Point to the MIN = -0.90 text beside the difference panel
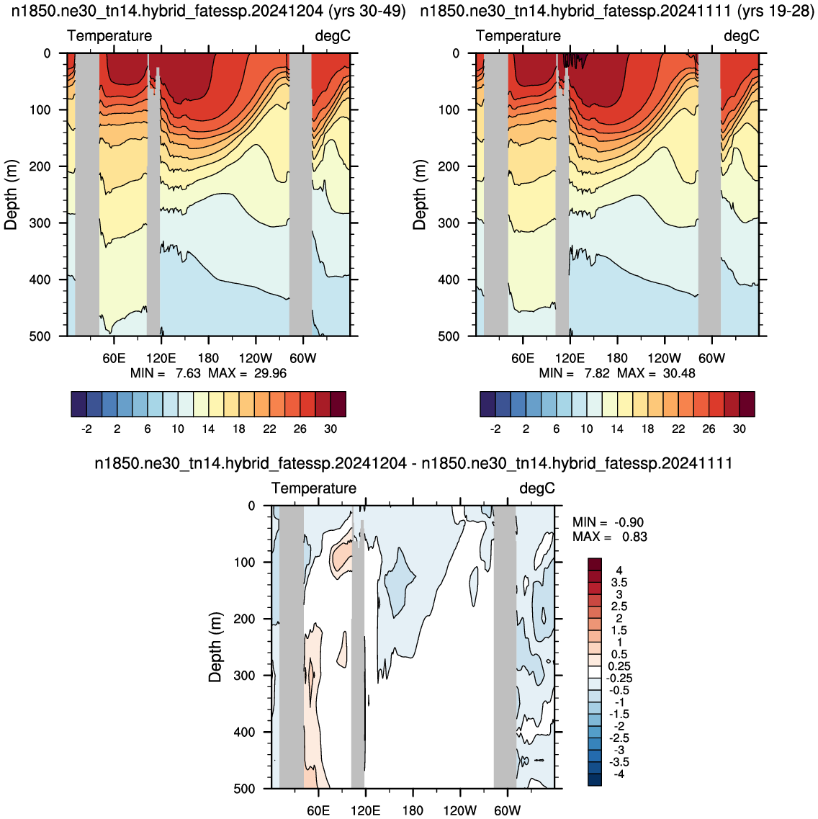click(608, 522)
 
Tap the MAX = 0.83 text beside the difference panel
click(610, 537)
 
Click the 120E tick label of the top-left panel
click(161, 358)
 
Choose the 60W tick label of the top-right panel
click(712, 358)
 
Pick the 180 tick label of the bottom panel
click(413, 810)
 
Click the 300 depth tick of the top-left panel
click(40, 223)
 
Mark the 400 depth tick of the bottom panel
click(244, 733)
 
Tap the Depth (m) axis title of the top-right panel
click(419, 194)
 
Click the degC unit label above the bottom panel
click(537, 488)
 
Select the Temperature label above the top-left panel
click(109, 35)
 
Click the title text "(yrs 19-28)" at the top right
click(771, 11)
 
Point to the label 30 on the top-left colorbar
click(331, 429)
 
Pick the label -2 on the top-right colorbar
click(495, 429)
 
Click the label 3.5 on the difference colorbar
click(619, 583)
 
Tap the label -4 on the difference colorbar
click(618, 774)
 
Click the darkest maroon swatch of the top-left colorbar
click(338, 404)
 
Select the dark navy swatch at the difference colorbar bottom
click(595, 780)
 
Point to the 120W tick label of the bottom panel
click(460, 810)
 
